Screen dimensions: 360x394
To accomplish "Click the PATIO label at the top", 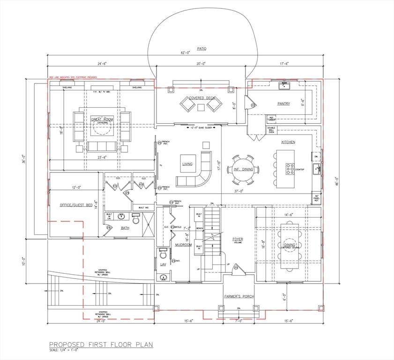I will [x=201, y=48].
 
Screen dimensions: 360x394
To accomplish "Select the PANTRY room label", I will [x=283, y=104].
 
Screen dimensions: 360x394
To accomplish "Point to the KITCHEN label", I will [x=288, y=142].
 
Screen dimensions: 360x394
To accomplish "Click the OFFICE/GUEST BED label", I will [x=76, y=205].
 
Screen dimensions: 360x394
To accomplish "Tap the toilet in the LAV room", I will [x=164, y=254].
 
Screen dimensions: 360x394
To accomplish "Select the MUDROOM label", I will [x=183, y=245].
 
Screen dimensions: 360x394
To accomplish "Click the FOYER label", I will [x=238, y=240].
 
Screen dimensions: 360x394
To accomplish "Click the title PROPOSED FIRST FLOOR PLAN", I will [x=101, y=345].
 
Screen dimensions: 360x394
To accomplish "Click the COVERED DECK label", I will [x=201, y=98].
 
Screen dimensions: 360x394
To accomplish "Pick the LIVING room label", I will [x=187, y=164].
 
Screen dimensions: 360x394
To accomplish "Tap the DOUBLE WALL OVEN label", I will [x=271, y=130].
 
